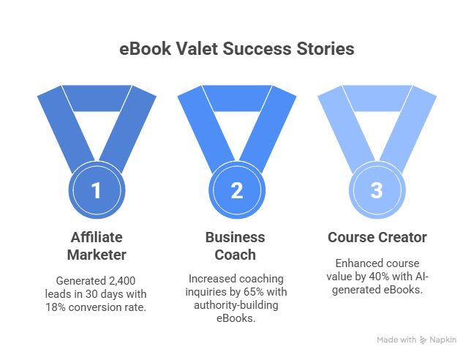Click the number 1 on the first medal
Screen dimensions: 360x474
tap(95, 191)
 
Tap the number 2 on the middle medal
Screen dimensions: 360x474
tap(236, 191)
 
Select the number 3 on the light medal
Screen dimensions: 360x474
tap(377, 191)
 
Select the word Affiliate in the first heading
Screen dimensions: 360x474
tap(95, 238)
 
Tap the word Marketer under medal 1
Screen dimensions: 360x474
tap(95, 254)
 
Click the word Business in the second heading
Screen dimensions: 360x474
tap(236, 238)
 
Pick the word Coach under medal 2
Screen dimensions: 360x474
tap(236, 254)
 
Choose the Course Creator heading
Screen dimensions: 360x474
tap(377, 238)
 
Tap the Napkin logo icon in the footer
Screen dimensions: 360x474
tap(424, 340)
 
